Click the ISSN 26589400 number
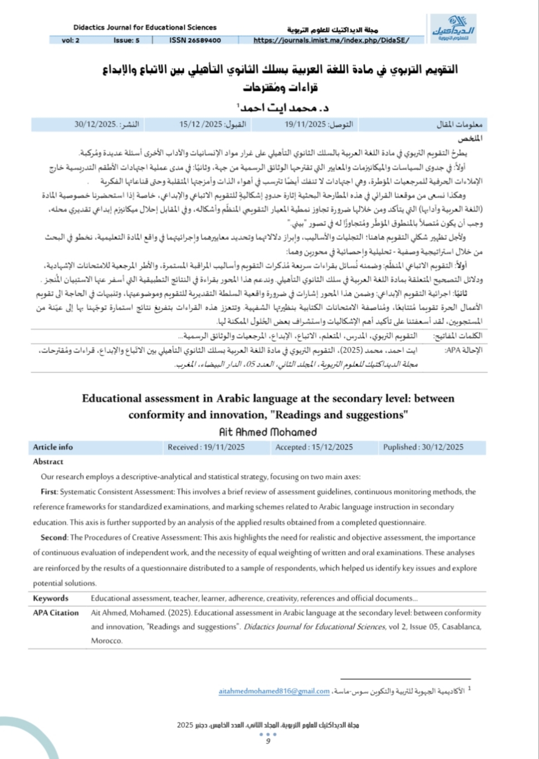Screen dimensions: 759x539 tap(195, 41)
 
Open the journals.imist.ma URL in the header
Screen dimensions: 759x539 tap(331, 41)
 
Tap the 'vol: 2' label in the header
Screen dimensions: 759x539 tap(71, 41)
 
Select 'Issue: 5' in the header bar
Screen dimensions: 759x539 tap(126, 41)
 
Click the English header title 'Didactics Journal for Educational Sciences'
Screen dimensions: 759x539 tap(145, 27)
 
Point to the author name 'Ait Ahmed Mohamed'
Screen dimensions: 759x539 tap(268, 432)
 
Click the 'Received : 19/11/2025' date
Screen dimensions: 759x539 tap(206, 447)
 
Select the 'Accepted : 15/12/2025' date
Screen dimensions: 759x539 tap(314, 447)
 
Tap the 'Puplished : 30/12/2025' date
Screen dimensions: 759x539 tap(423, 447)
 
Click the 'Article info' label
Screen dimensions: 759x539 tap(53, 447)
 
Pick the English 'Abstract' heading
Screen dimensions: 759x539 tap(48, 462)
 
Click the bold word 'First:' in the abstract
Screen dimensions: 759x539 tap(49, 492)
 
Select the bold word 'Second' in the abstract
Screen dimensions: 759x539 tap(53, 537)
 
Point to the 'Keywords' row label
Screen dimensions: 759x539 tap(51, 598)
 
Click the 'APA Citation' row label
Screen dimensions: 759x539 tap(56, 613)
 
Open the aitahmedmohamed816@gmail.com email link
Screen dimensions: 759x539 tap(274, 691)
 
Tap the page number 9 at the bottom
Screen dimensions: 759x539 tap(268, 741)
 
